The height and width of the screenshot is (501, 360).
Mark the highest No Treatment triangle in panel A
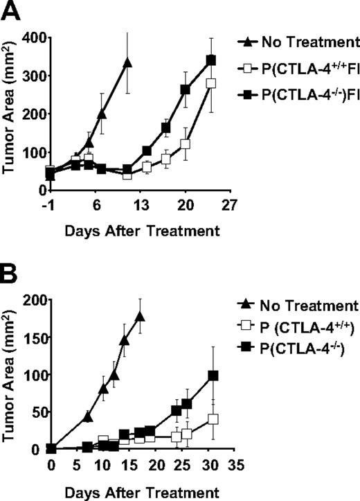[x=127, y=63]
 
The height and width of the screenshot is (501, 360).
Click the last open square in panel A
[x=210, y=83]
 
